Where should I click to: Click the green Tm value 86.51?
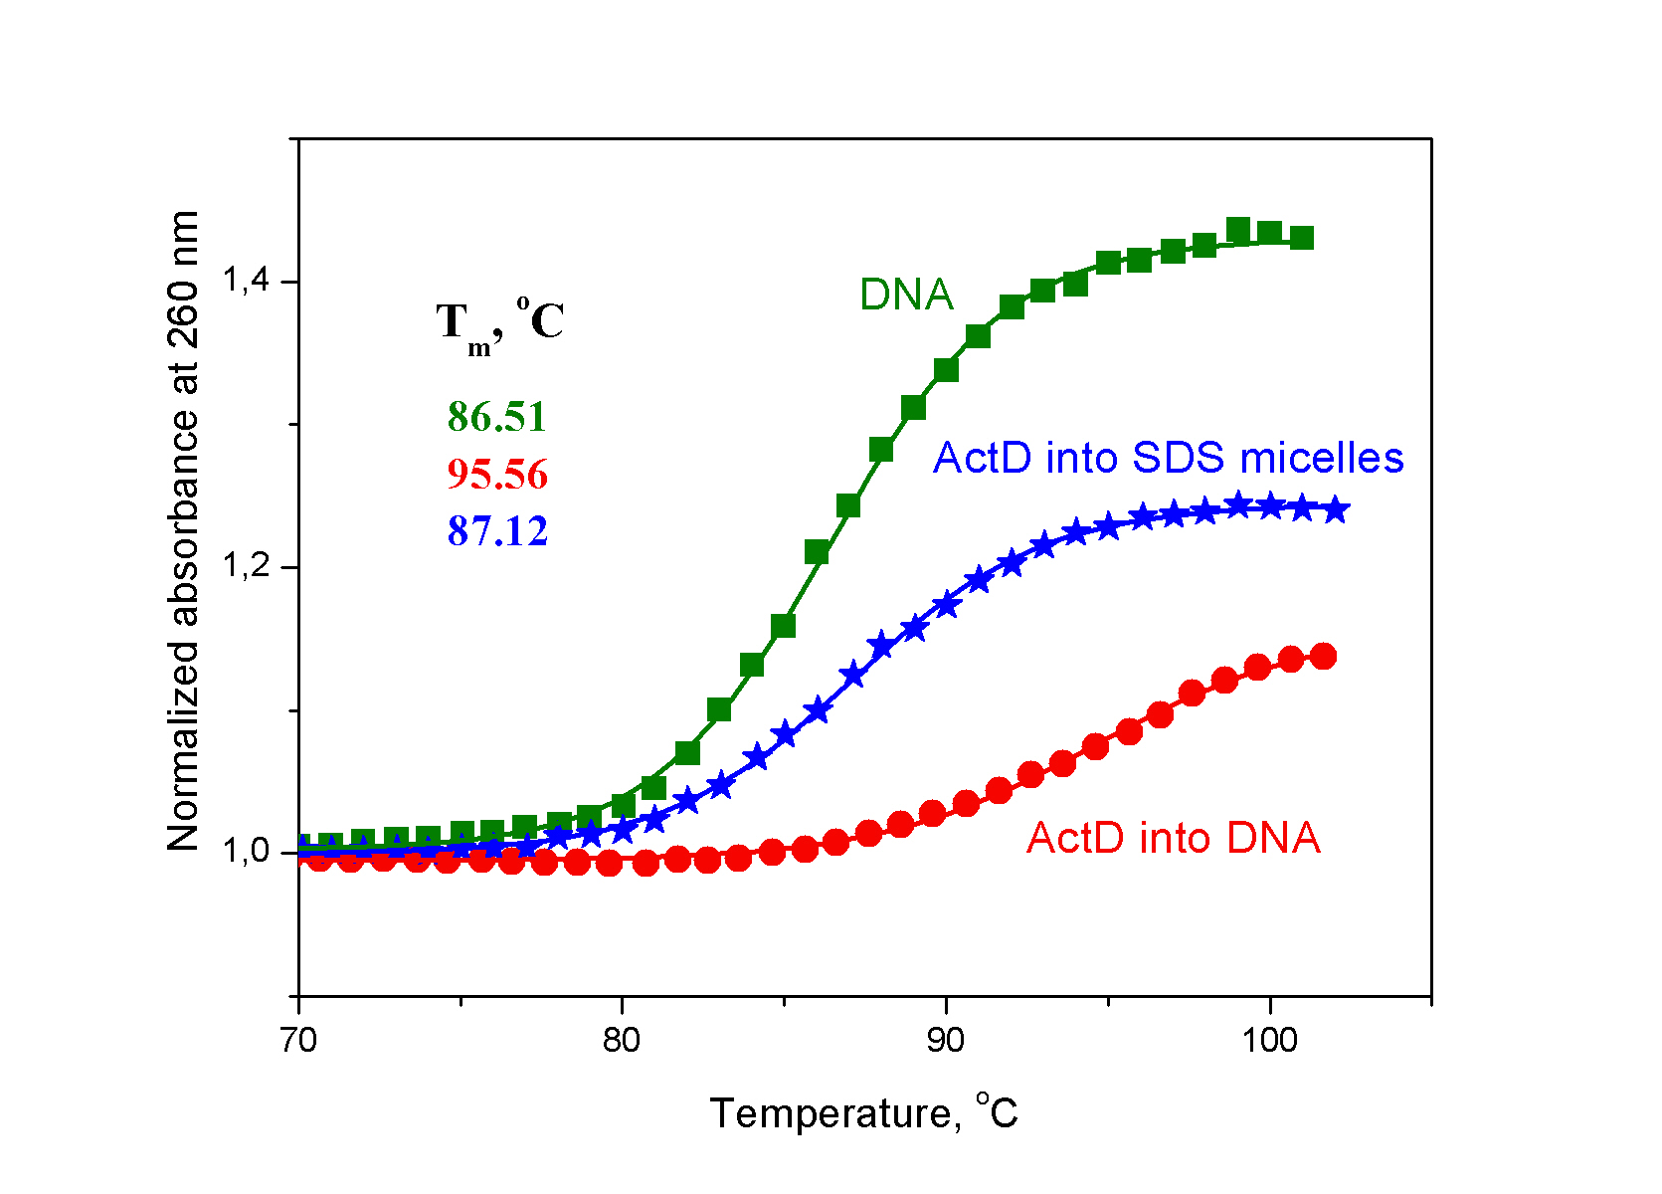coord(497,417)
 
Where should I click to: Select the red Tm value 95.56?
coord(497,475)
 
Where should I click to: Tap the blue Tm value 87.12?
coord(497,531)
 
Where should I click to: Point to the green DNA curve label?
coord(906,295)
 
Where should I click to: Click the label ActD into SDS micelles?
coord(1168,458)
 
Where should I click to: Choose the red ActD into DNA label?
coord(1174,838)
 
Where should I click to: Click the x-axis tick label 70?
coord(297,1041)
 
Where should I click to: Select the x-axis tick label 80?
coord(622,1041)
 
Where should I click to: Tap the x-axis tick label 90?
coord(946,1041)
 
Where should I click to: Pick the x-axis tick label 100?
coord(1269,1041)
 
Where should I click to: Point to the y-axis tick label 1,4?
coord(246,282)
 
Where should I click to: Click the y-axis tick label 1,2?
coord(246,567)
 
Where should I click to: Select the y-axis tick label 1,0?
coord(246,852)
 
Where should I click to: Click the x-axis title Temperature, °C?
coord(863,1112)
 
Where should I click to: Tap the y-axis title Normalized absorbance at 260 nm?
coord(184,531)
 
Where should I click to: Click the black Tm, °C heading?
coord(500,323)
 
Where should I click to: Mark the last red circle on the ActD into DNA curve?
coord(1323,656)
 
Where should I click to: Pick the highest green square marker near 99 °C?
coord(1238,230)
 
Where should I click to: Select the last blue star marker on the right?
coord(1336,510)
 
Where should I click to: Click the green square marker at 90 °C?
coord(946,370)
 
